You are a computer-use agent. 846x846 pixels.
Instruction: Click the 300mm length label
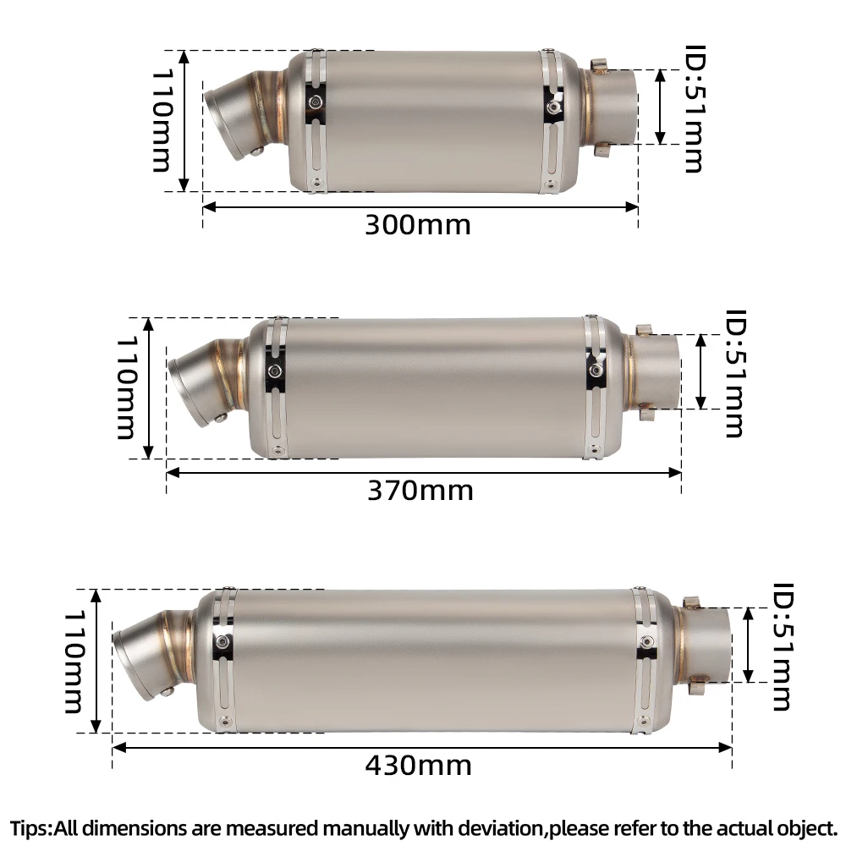[x=418, y=224]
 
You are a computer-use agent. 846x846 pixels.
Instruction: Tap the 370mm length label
[x=420, y=491]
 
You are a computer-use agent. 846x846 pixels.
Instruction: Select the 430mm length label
[x=418, y=765]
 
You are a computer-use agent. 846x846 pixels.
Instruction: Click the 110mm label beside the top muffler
[x=162, y=120]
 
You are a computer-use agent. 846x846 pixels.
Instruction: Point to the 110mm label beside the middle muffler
[x=126, y=388]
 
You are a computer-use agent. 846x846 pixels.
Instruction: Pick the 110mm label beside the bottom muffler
[x=74, y=662]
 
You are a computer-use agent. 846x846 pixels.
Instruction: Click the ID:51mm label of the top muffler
[x=695, y=108]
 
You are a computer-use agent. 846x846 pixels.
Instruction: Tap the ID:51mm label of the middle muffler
[x=734, y=373]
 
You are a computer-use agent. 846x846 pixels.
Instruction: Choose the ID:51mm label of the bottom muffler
[x=783, y=646]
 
